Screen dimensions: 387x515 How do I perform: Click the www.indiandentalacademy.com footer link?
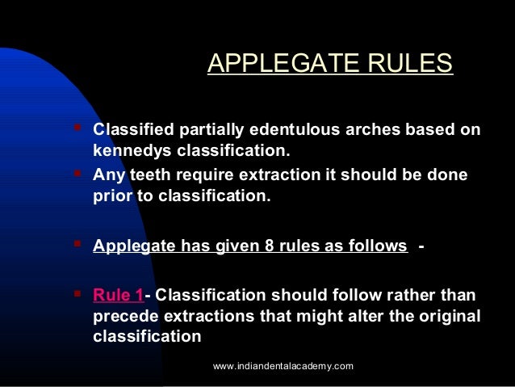coord(283,366)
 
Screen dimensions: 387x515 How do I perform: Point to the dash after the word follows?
coord(421,246)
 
